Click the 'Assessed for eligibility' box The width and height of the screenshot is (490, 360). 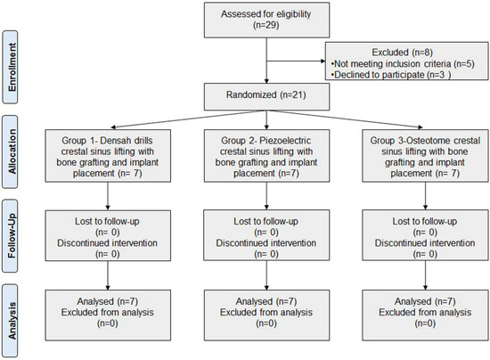[x=266, y=20]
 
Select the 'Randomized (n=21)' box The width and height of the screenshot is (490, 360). [x=266, y=96]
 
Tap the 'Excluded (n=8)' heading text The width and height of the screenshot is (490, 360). [x=402, y=53]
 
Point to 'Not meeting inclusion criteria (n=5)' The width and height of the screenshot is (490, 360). [x=403, y=64]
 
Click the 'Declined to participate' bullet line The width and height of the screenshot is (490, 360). [x=390, y=75]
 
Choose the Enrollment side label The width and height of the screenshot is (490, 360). [x=11, y=67]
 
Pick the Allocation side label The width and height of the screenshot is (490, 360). [x=11, y=151]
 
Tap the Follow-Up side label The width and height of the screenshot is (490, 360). [x=11, y=236]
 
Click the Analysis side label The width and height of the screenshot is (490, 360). [x=11, y=320]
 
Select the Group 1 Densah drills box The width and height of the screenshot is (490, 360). [x=108, y=156]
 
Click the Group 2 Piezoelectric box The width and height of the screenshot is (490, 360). [x=266, y=156]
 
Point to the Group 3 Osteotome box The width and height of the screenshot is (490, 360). [x=425, y=156]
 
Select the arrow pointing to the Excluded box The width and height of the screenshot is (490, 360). [x=296, y=61]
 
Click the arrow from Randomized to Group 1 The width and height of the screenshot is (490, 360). [x=189, y=119]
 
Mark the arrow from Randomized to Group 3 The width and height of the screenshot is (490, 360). [x=345, y=119]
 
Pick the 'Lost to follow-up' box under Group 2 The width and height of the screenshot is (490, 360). [x=266, y=235]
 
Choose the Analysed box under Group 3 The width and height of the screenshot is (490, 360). [x=425, y=315]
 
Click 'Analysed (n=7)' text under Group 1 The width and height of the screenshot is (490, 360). [x=108, y=301]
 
